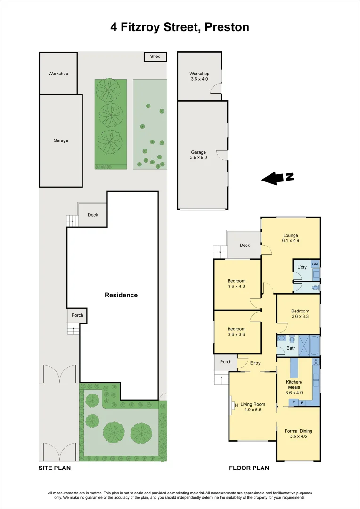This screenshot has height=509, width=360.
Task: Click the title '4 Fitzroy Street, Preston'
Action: coord(180,27)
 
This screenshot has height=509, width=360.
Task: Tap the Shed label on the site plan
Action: coord(155,57)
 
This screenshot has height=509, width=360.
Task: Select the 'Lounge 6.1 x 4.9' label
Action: coord(291,238)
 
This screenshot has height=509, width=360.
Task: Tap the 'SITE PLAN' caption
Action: coord(54,468)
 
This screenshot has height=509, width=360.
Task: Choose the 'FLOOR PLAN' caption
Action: coord(249,468)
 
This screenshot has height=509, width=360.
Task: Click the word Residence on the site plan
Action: coord(121,295)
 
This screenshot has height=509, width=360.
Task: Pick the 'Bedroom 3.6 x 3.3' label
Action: coord(300,314)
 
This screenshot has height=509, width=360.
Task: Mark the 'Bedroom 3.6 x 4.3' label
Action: coord(237,283)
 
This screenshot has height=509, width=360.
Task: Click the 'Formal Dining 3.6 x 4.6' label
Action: coord(298,434)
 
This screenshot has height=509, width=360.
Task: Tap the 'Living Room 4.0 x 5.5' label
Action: coord(253,407)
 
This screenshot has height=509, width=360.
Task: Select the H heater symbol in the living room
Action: coord(236,404)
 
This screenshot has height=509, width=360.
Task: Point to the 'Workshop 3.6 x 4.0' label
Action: coord(199,76)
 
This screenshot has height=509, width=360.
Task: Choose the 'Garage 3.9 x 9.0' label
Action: coord(198,155)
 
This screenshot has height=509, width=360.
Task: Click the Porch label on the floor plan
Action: coord(226,362)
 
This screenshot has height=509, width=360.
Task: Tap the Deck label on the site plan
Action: coord(93,215)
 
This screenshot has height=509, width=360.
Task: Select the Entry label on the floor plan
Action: coord(255,363)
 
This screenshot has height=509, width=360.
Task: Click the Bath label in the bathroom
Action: coord(291,349)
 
